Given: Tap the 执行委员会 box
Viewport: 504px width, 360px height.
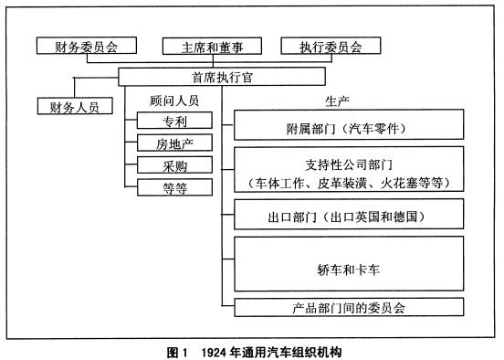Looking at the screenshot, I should (x=329, y=45).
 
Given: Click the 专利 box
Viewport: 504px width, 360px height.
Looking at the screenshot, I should (x=174, y=121).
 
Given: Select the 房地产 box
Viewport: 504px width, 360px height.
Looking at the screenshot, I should (x=174, y=143).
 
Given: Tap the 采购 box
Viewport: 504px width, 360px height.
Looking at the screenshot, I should (x=174, y=165).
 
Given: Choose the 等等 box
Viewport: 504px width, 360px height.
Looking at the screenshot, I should (x=174, y=187).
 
